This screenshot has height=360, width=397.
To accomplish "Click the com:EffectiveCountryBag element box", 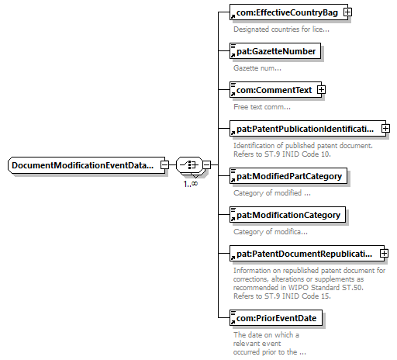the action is point(288,12).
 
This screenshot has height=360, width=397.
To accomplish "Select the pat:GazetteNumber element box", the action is point(275,51).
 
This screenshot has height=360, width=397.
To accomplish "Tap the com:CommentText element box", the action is point(275,90).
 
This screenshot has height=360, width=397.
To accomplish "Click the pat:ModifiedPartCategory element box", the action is point(288,176).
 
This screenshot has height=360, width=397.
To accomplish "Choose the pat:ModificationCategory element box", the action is point(288,215).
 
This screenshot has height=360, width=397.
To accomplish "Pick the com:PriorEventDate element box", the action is point(276,318).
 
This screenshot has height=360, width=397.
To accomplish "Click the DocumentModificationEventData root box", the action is point(86,165).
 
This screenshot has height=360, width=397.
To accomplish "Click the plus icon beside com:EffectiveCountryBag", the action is point(347,12).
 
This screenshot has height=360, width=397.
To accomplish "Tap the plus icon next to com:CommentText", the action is point(321,90).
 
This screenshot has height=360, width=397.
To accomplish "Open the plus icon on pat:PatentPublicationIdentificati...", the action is point(385,129).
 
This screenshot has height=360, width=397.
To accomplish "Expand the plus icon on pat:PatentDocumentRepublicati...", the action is point(384,254).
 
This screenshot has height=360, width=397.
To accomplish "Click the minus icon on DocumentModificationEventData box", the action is point(164,164).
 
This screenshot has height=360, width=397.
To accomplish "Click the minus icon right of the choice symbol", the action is point(206,164).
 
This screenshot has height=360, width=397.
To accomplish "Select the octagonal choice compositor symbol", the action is point(189,164).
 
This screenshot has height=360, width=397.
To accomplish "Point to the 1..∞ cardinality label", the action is point(191,184).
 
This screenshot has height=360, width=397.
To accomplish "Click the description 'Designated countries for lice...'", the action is point(281,29).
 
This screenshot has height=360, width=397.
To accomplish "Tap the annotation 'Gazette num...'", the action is point(257,68).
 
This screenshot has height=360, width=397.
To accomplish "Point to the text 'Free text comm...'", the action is point(262,107).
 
